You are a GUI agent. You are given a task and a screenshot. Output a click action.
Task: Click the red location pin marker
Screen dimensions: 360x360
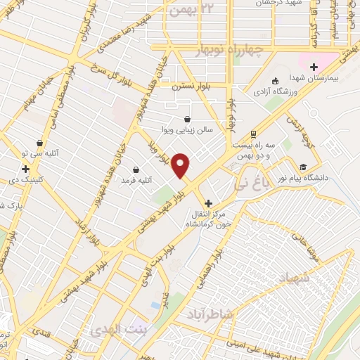tap(181, 165)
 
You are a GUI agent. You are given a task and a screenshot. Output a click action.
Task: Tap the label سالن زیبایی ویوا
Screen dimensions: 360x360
tap(186, 130)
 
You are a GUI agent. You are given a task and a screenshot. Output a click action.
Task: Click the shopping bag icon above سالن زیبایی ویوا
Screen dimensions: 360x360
tap(186, 119)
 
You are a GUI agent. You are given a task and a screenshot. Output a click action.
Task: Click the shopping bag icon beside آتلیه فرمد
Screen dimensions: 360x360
tap(136, 169)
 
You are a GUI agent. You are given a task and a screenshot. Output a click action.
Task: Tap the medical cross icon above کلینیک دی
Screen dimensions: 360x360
tap(25, 169)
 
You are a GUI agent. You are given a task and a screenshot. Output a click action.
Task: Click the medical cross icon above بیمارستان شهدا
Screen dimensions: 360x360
tap(313, 67)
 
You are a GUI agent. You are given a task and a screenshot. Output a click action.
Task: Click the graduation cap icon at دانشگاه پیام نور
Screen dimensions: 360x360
tap(303, 167)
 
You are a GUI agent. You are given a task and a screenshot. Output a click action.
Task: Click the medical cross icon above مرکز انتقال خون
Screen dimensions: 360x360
tap(208, 202)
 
